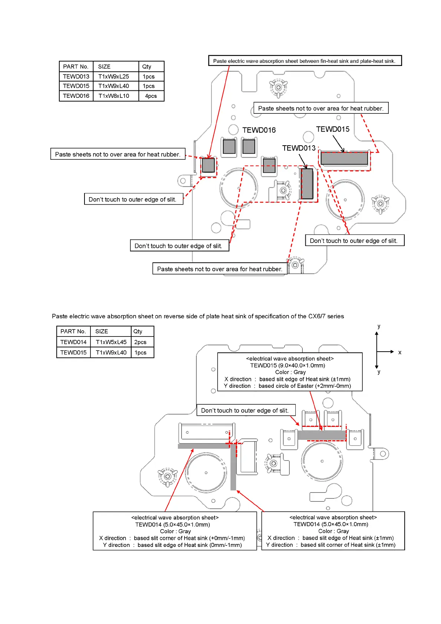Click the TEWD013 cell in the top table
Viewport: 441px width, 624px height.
[x=76, y=76]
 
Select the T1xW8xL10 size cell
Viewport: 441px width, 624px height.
[x=114, y=96]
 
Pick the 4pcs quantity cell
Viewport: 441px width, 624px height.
[x=151, y=96]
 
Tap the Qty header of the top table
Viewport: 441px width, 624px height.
[x=147, y=67]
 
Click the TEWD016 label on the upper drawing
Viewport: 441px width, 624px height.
[x=259, y=130]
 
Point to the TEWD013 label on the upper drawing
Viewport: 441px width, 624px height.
[x=299, y=148]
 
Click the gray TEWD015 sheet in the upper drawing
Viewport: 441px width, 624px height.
[x=344, y=158]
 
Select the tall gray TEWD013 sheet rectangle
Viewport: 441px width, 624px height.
[x=307, y=184]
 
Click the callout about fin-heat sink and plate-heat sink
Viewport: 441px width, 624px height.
[x=304, y=61]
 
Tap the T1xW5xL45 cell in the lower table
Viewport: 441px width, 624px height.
[x=111, y=342]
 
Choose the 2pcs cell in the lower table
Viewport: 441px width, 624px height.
[x=140, y=342]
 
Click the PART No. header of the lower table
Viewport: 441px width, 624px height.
[x=73, y=331]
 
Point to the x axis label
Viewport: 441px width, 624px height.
[x=399, y=352]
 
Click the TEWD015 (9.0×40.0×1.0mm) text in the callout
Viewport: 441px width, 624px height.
[x=288, y=365]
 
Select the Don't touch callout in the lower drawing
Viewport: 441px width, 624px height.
[x=245, y=410]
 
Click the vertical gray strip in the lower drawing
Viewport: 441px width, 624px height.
[x=233, y=467]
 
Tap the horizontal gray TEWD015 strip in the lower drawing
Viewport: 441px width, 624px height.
[x=322, y=435]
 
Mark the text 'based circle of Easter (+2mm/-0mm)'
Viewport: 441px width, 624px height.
[x=305, y=386]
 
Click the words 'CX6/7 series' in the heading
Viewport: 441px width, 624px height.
[x=326, y=316]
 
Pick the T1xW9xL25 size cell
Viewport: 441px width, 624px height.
[x=114, y=76]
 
